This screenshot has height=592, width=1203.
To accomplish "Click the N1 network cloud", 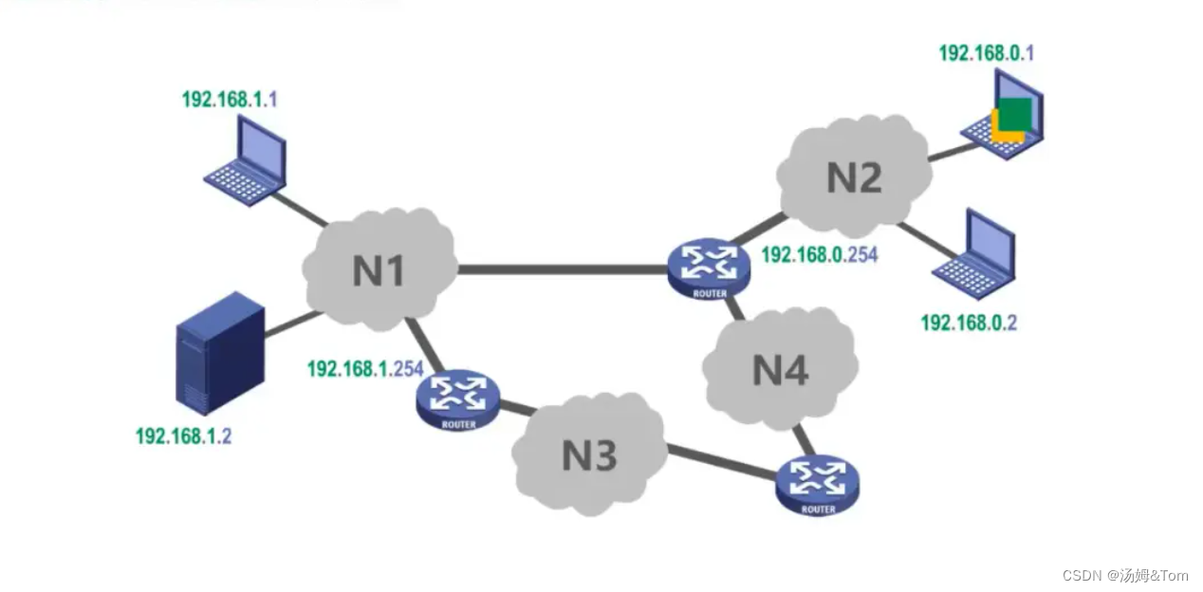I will pyautogui.click(x=379, y=269).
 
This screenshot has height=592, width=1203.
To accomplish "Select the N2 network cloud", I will pyautogui.click(x=854, y=177).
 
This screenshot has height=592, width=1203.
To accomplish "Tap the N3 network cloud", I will pyautogui.click(x=589, y=454).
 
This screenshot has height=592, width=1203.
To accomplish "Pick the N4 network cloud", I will pyautogui.click(x=780, y=368).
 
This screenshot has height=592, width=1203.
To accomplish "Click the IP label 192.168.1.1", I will pyautogui.click(x=230, y=99).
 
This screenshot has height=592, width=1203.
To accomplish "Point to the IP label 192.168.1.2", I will pyautogui.click(x=183, y=436).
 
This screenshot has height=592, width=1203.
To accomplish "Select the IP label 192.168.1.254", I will pyautogui.click(x=364, y=368).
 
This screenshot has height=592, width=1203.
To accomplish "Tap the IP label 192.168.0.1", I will pyautogui.click(x=986, y=53).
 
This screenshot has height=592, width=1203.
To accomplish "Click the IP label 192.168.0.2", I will pyautogui.click(x=969, y=323).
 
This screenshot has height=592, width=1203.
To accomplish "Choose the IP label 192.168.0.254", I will pyautogui.click(x=819, y=254).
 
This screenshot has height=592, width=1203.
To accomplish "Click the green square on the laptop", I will pyautogui.click(x=1014, y=112).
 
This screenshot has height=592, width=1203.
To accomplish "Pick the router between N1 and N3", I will pyautogui.click(x=458, y=398).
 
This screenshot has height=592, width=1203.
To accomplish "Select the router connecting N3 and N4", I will pyautogui.click(x=818, y=485).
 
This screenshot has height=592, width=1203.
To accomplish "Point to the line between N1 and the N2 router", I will pyautogui.click(x=560, y=270).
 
